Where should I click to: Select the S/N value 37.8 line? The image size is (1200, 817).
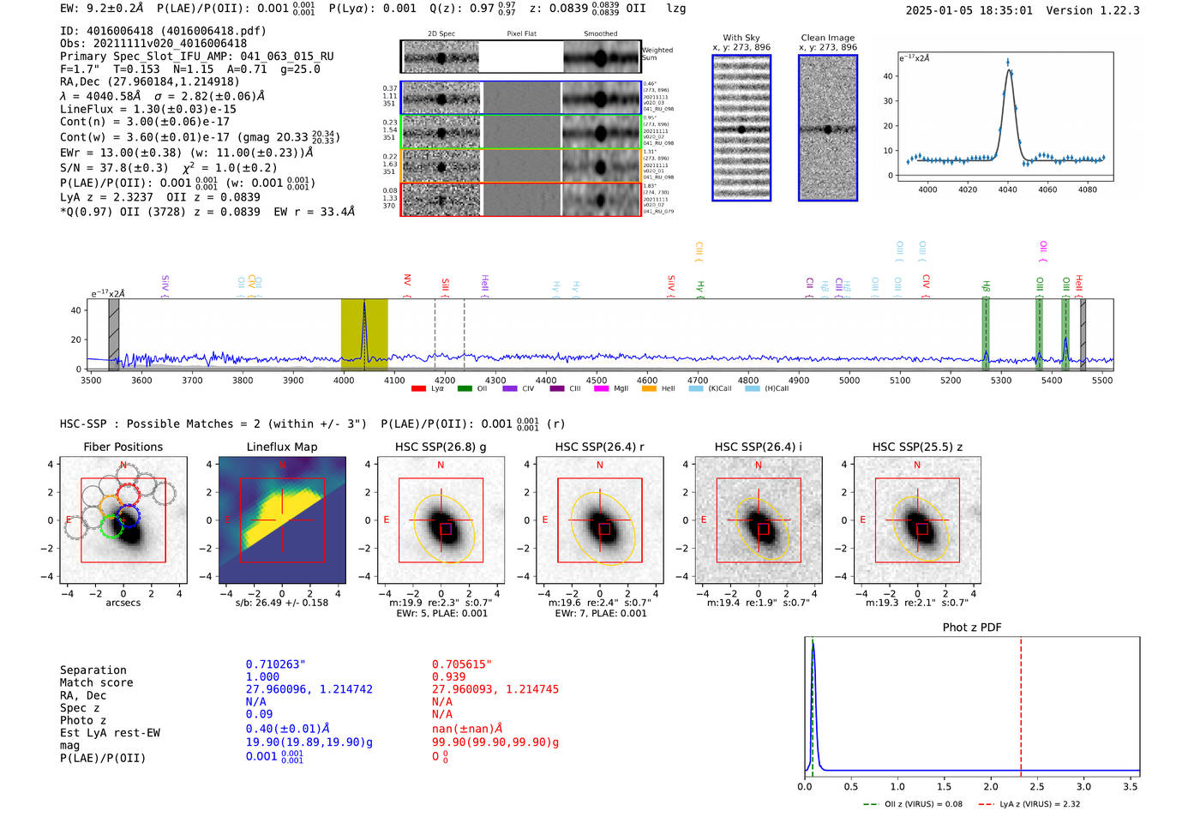click(168, 168)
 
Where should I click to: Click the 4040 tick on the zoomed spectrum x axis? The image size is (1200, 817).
click(1008, 189)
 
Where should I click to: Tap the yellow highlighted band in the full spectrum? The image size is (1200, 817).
click(364, 334)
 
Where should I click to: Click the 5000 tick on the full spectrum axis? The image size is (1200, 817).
click(849, 380)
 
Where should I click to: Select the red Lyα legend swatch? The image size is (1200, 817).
click(418, 389)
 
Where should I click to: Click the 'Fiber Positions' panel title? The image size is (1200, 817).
click(123, 447)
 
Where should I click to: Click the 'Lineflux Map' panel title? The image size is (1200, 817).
click(281, 447)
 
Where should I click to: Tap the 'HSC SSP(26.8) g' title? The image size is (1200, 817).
click(441, 447)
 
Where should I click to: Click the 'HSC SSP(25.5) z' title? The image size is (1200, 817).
click(917, 447)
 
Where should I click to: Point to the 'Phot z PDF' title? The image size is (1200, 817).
click(972, 628)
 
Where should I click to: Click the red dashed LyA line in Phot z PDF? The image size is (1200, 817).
click(1021, 703)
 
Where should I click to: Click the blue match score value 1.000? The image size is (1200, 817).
click(262, 677)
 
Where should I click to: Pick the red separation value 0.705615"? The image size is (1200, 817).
click(462, 664)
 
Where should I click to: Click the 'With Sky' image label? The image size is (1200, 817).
click(741, 38)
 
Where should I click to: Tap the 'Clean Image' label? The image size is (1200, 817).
click(827, 38)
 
